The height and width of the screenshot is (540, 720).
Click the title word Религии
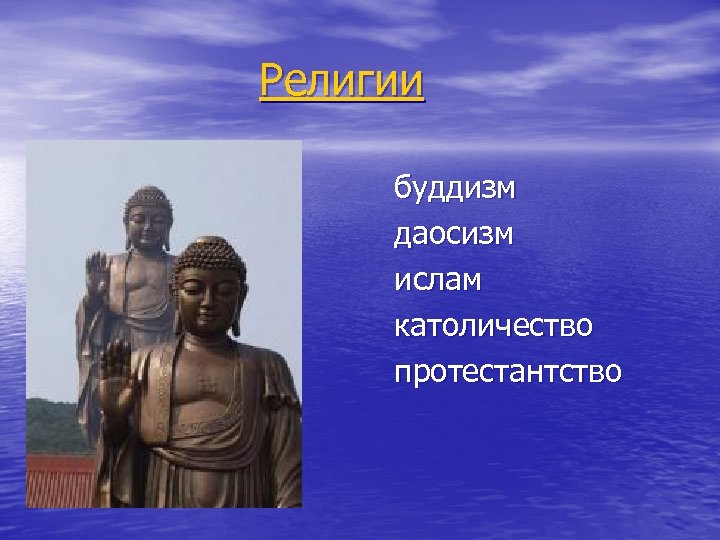point(341,81)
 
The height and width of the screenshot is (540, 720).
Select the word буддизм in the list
point(454,188)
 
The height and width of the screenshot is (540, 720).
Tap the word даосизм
point(455,234)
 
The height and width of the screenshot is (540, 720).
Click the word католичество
point(493,326)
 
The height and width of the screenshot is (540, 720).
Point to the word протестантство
point(507,372)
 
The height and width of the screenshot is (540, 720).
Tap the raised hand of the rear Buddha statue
point(97,270)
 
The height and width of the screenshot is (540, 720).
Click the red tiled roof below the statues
point(55,480)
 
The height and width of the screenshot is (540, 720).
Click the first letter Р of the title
point(270,81)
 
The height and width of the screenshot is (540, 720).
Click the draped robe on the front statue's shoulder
point(265,375)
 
